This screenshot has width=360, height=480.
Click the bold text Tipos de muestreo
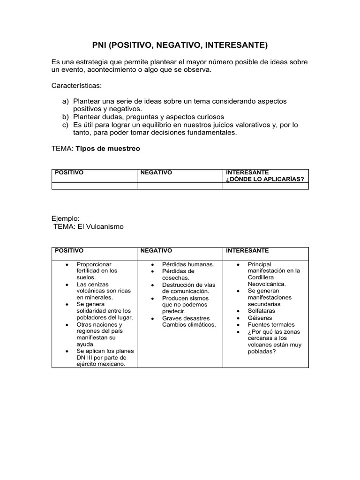[108, 149]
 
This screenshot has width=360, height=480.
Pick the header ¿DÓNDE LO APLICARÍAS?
[265, 179]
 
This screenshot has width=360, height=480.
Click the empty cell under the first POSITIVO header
[94, 186]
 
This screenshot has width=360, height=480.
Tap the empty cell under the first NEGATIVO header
[180, 186]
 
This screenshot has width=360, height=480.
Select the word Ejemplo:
[66, 218]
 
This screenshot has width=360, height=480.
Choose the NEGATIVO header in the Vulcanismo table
[156, 251]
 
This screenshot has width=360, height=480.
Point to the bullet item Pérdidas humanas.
[188, 264]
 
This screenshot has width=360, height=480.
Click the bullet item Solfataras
[262, 311]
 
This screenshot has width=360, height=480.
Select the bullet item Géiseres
[259, 317]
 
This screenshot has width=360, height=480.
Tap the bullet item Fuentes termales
[271, 324]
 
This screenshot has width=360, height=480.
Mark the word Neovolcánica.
[266, 284]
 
